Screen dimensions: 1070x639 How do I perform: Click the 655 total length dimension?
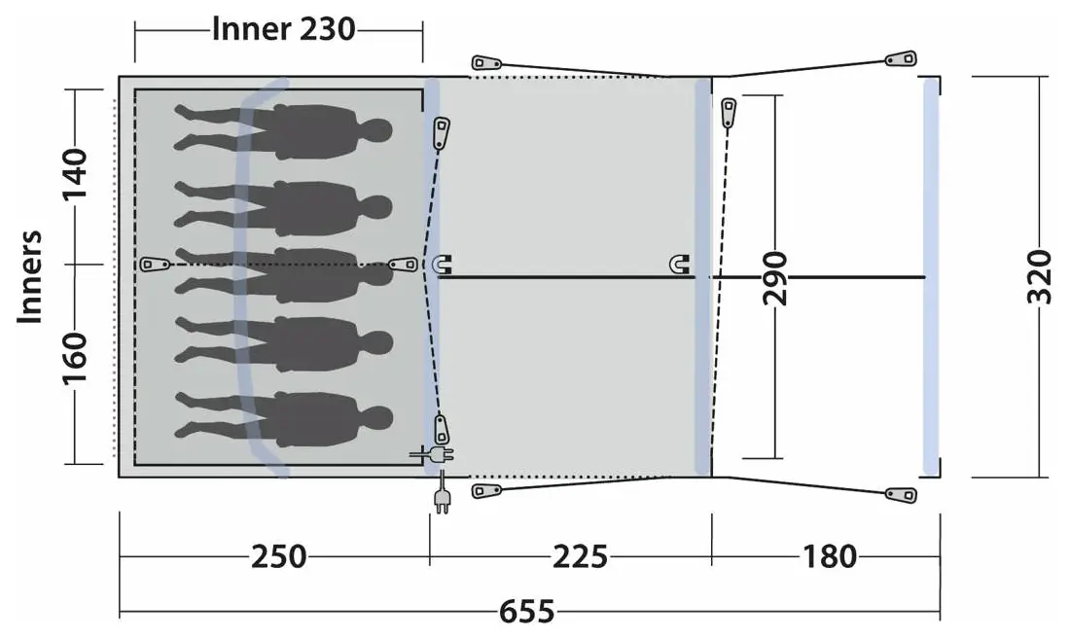[526, 611]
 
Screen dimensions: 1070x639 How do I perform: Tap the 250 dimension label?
[278, 556]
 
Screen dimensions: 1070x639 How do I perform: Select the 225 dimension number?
[580, 556]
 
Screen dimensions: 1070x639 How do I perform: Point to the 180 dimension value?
[829, 556]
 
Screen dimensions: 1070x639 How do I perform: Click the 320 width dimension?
[1039, 277]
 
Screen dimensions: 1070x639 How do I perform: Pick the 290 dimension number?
[774, 278]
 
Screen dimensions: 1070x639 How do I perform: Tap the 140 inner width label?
[75, 175]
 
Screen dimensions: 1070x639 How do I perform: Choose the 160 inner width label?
[75, 359]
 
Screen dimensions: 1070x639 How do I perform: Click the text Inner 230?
[283, 29]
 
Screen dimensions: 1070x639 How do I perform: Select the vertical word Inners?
[30, 277]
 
